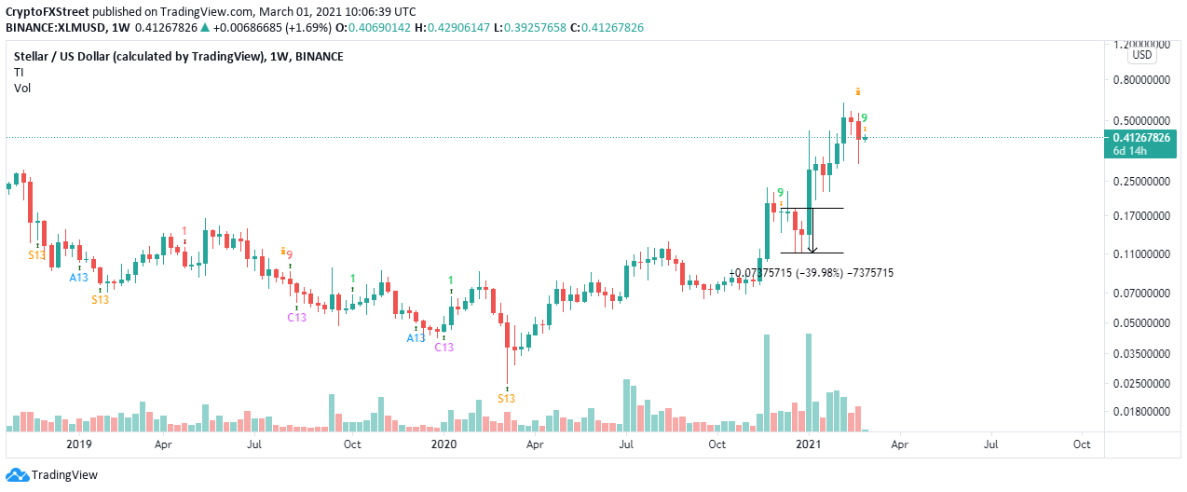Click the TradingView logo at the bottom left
click(x=52, y=475)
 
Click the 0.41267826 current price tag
click(x=1141, y=137)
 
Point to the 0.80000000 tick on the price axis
click(x=1141, y=80)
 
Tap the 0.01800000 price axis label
click(x=1141, y=412)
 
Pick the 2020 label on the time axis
click(x=443, y=445)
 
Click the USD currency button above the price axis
click(x=1142, y=55)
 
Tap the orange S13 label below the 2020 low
click(x=506, y=398)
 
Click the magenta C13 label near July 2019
click(x=296, y=317)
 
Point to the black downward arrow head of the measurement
click(x=813, y=249)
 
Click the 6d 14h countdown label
click(x=1132, y=152)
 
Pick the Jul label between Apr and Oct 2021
click(x=990, y=445)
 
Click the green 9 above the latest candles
click(x=865, y=118)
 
